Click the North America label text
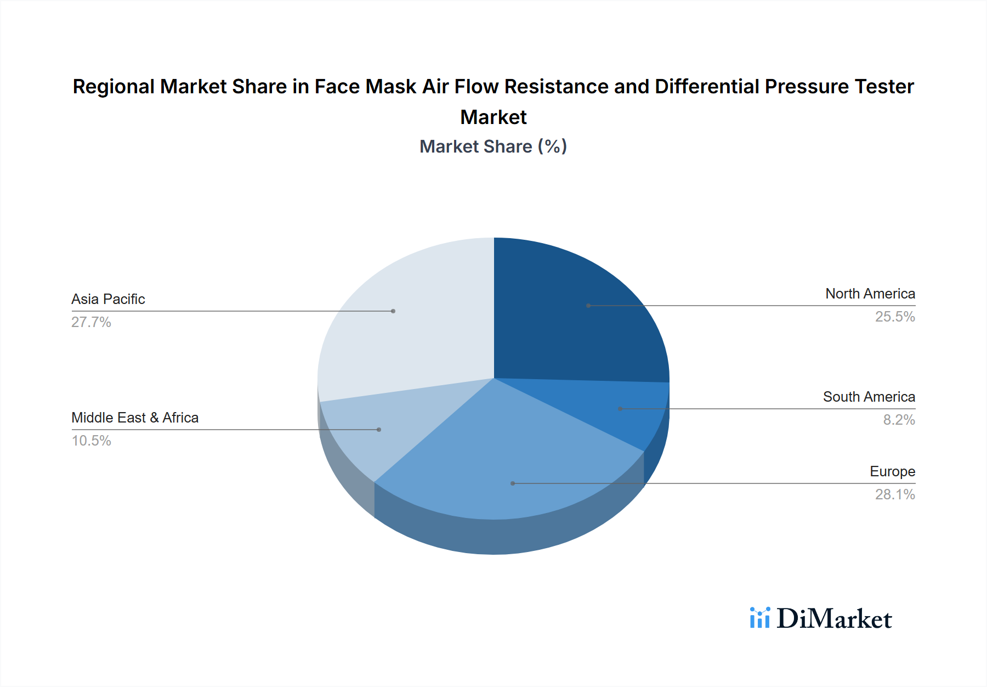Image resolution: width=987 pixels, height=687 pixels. [870, 294]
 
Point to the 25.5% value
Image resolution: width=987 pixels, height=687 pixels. [894, 317]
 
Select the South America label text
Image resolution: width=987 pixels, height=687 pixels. [869, 397]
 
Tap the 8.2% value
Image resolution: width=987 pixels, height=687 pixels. [898, 420]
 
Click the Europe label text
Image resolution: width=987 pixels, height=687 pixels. [892, 471]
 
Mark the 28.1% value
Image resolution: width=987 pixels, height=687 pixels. [894, 494]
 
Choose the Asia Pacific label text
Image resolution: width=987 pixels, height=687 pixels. [108, 299]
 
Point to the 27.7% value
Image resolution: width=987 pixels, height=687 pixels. [91, 322]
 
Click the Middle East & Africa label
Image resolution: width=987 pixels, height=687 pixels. [135, 418]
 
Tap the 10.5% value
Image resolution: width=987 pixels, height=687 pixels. [91, 441]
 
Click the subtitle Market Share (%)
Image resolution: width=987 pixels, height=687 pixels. [493, 147]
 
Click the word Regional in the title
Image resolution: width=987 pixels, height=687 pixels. [114, 87]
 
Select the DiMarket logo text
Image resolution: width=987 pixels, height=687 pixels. [833, 619]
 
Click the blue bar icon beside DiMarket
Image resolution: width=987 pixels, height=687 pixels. [759, 618]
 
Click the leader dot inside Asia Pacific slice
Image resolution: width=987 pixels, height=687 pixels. [393, 311]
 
